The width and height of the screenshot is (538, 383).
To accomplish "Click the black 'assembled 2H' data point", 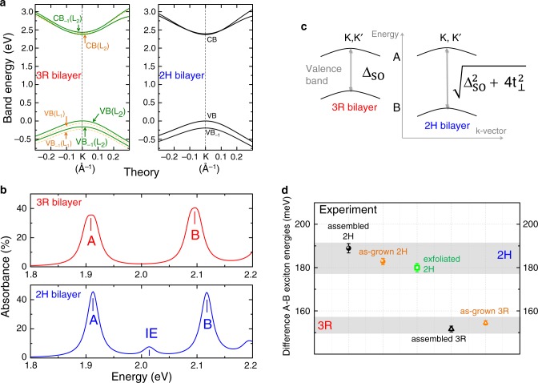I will pyautogui.click(x=348, y=249).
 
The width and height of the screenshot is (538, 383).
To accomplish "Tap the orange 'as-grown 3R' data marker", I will pyautogui.click(x=485, y=323).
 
